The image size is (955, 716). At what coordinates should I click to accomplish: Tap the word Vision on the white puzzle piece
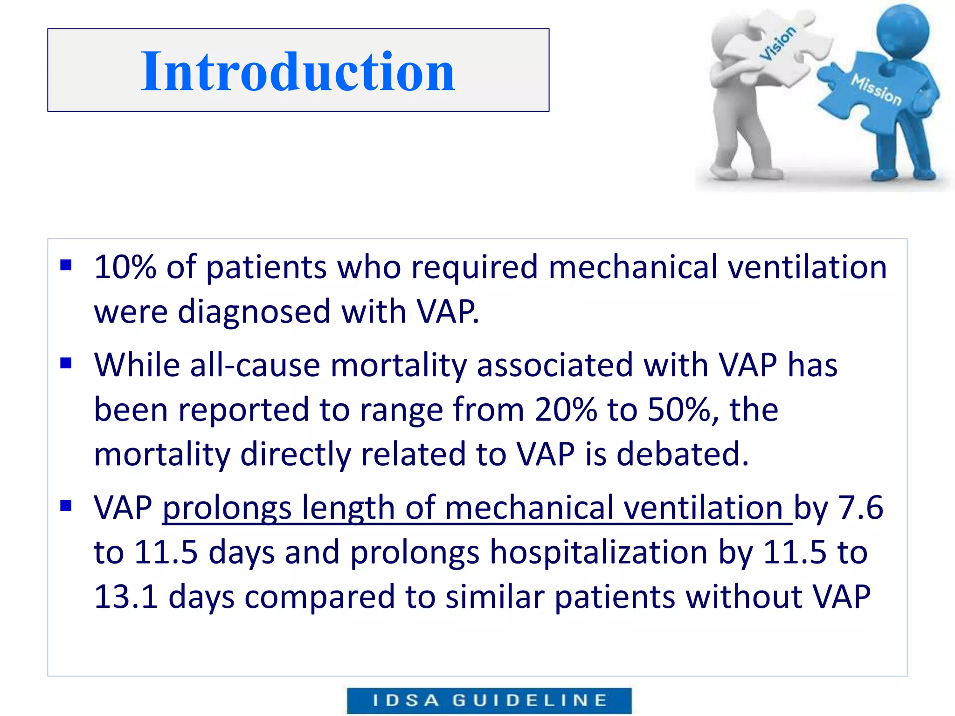pos(778,43)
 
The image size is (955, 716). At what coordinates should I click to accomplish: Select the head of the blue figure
pos(902,30)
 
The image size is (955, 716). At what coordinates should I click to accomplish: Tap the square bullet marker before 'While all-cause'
pos(66,363)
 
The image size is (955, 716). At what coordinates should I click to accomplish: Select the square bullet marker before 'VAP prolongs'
pos(66,505)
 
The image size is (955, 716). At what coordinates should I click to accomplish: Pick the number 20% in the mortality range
pos(565,410)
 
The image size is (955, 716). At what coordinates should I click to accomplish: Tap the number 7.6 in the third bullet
pos(860,507)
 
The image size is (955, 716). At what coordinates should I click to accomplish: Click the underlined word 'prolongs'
pos(227,508)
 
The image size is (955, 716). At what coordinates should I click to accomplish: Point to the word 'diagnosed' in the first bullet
pos(254,312)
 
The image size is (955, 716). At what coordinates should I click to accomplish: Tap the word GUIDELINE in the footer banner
pos(530,700)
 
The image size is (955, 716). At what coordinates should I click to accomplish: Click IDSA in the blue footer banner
pos(405,700)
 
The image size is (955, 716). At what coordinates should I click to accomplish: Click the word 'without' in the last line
pos(743,597)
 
